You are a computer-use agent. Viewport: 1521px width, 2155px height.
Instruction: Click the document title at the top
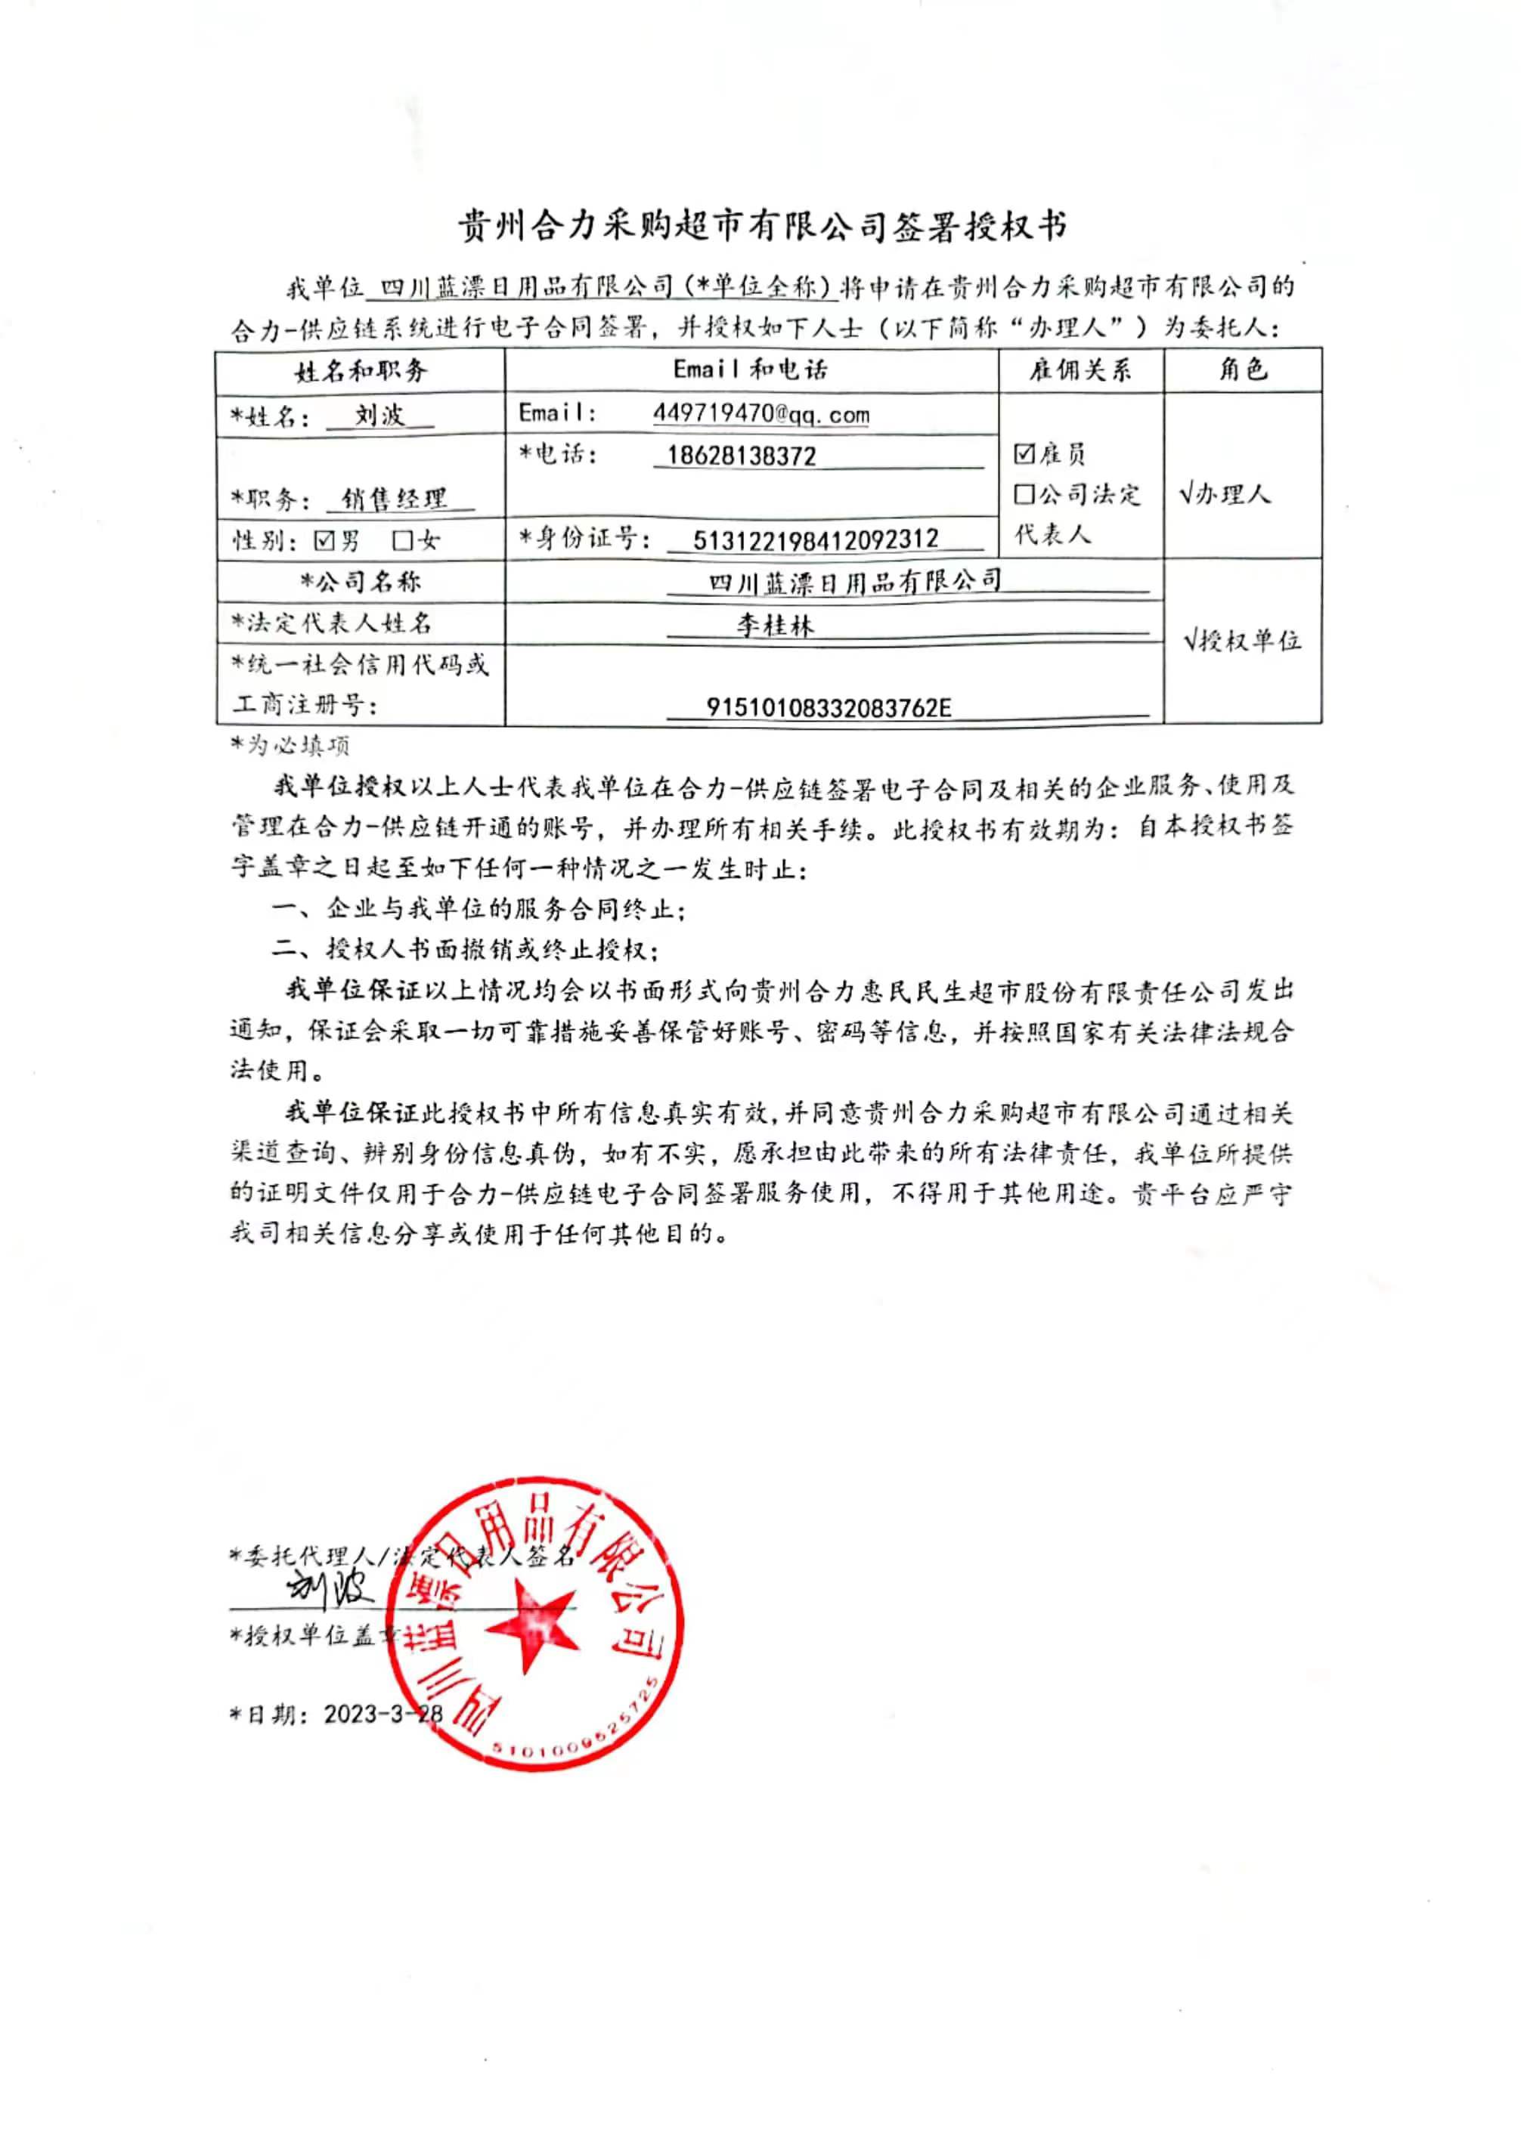[761, 226]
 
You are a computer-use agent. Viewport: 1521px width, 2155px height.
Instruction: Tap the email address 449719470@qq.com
[760, 414]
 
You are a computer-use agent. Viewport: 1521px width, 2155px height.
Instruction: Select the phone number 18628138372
[741, 456]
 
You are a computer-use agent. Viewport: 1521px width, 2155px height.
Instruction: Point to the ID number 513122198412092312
[815, 540]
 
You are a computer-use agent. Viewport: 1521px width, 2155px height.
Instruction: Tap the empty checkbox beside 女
[403, 540]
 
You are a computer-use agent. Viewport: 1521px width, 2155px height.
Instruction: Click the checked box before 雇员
[1024, 454]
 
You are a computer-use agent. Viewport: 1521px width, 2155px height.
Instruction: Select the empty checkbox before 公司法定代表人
[1024, 493]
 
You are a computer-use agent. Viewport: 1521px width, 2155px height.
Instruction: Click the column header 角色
[1242, 369]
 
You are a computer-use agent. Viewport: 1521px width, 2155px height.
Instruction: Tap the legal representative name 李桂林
[775, 624]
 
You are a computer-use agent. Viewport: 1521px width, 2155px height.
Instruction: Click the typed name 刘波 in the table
[379, 414]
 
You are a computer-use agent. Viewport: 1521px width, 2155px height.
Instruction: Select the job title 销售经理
[395, 499]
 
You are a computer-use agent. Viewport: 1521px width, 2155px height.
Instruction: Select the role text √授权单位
[1241, 641]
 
